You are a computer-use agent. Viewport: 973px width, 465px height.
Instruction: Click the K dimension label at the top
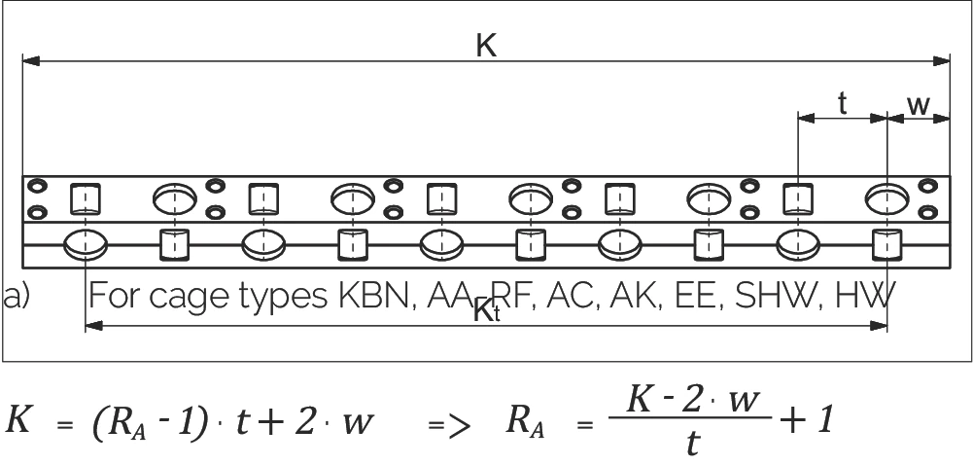click(486, 46)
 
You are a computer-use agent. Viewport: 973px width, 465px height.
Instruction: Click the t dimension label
click(843, 103)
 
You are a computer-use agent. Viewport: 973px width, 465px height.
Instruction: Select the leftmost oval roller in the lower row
click(85, 245)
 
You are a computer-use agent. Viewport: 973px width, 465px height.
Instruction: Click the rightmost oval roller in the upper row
click(886, 199)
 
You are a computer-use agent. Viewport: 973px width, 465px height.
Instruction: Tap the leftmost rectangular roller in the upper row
click(85, 199)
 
